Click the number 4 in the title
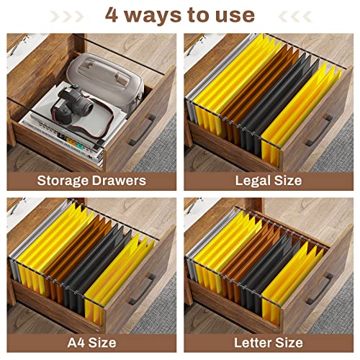[x=112, y=15]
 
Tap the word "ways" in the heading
[x=154, y=17]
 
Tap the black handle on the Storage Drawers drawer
[x=143, y=130]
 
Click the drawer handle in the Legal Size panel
[x=319, y=131]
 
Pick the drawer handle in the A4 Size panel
[x=143, y=289]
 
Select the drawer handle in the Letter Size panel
[x=320, y=289]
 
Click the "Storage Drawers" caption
[x=91, y=181]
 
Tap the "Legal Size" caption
[x=269, y=181]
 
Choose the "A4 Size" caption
[x=91, y=343]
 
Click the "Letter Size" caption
[x=269, y=343]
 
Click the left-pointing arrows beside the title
[x=295, y=17]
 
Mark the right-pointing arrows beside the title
[x=66, y=17]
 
